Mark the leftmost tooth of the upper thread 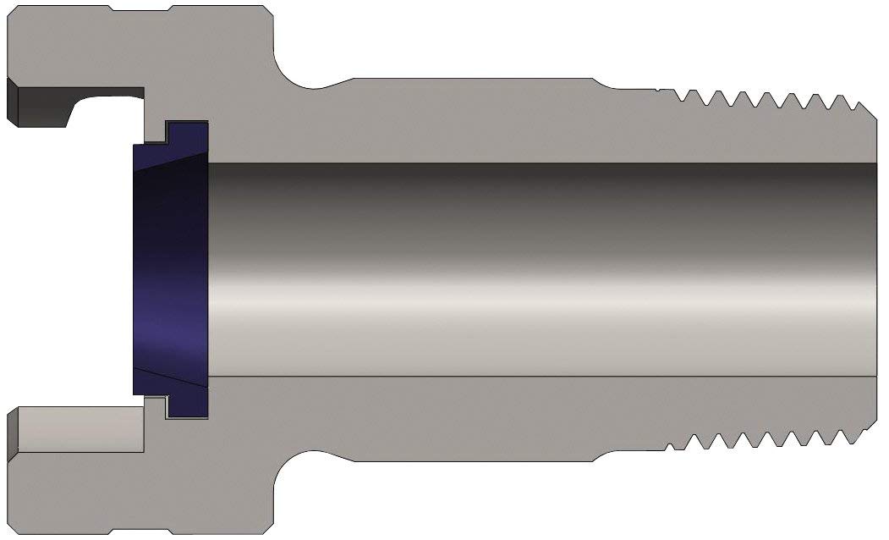(x=682, y=95)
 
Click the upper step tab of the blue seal (x=187, y=131)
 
